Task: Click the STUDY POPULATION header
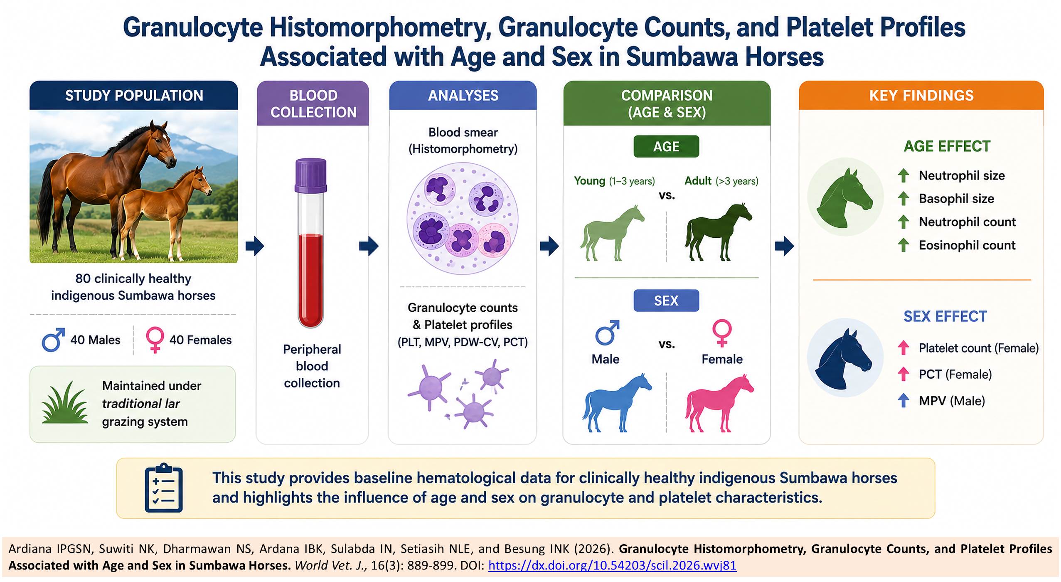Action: click(x=134, y=95)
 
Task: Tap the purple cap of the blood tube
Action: click(x=311, y=175)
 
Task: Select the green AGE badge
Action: click(x=666, y=146)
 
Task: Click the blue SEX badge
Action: click(x=666, y=301)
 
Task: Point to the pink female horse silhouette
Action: click(x=719, y=403)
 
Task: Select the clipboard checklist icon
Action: click(x=164, y=488)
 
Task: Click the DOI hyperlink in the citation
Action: click(x=612, y=565)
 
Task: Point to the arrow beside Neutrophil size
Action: click(x=903, y=175)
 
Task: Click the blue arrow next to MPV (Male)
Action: click(x=903, y=401)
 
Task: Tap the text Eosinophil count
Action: click(x=967, y=245)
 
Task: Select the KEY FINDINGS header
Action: click(x=921, y=95)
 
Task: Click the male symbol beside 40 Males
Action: click(x=53, y=340)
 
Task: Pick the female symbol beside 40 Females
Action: click(x=155, y=340)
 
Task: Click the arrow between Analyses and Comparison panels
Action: click(x=549, y=246)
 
